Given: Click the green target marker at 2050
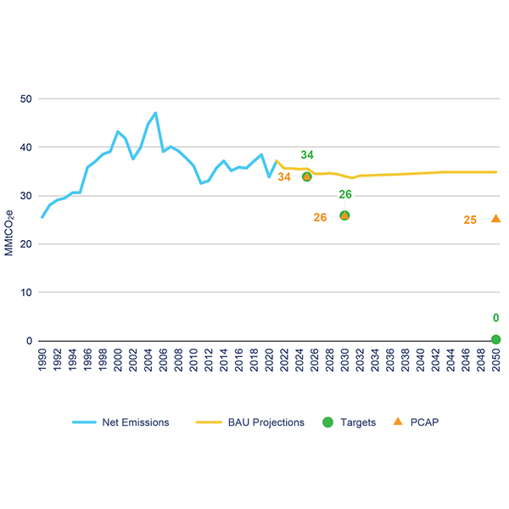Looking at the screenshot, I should pos(496,339).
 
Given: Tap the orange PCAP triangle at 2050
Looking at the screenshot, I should pos(496,218).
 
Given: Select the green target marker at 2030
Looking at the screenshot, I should pos(344,215).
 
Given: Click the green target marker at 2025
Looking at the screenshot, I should pos(306,176).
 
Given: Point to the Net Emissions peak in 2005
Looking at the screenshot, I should pos(155,113).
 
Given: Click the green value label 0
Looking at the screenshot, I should pos(496,319).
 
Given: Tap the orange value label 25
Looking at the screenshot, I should pos(471,221).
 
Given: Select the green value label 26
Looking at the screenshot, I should pos(345,195).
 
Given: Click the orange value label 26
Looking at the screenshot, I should pos(320,218).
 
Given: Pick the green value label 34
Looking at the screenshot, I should pos(307,155).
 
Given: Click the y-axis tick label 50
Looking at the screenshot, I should pos(26,98).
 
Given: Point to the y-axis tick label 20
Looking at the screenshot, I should pos(26,244).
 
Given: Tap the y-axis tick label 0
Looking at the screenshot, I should pos(29,341).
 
